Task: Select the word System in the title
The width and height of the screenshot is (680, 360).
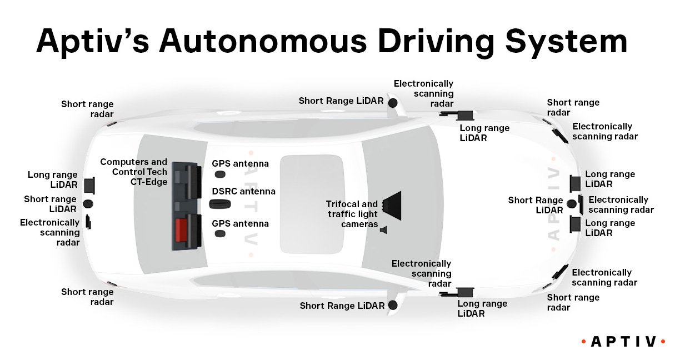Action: coord(569,42)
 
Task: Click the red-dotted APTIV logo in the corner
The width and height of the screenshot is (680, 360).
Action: coord(623,341)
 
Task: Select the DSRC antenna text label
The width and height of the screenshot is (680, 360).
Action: coord(243,192)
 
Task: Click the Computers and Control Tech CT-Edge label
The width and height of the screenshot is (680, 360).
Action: coord(133,172)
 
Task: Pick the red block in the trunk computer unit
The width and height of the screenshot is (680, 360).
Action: coord(181,229)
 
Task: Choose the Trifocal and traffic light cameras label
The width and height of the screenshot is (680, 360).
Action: coord(351,214)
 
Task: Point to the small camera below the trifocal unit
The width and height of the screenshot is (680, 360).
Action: coord(383,229)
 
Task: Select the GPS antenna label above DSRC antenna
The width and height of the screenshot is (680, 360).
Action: coord(240,164)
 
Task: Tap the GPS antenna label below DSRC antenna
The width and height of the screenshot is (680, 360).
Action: coord(240,224)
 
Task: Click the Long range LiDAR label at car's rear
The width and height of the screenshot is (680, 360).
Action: coord(53,180)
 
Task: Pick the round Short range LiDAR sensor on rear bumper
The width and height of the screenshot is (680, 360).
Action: coord(88,204)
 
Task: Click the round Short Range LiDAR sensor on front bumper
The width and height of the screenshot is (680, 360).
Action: coord(571,204)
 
